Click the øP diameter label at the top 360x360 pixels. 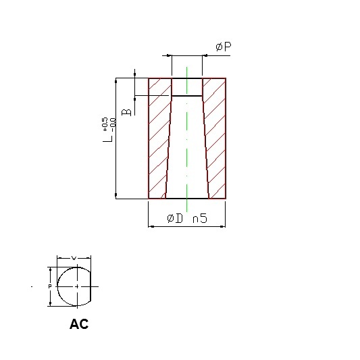click(x=224, y=47)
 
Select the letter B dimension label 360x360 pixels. click(x=126, y=112)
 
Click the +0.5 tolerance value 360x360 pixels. click(x=104, y=124)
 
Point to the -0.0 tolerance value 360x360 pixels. click(x=113, y=125)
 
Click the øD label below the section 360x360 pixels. click(x=175, y=218)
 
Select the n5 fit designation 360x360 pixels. click(x=200, y=218)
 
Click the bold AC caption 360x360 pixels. click(x=79, y=324)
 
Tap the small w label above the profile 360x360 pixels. click(x=74, y=258)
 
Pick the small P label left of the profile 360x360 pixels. click(x=50, y=286)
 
